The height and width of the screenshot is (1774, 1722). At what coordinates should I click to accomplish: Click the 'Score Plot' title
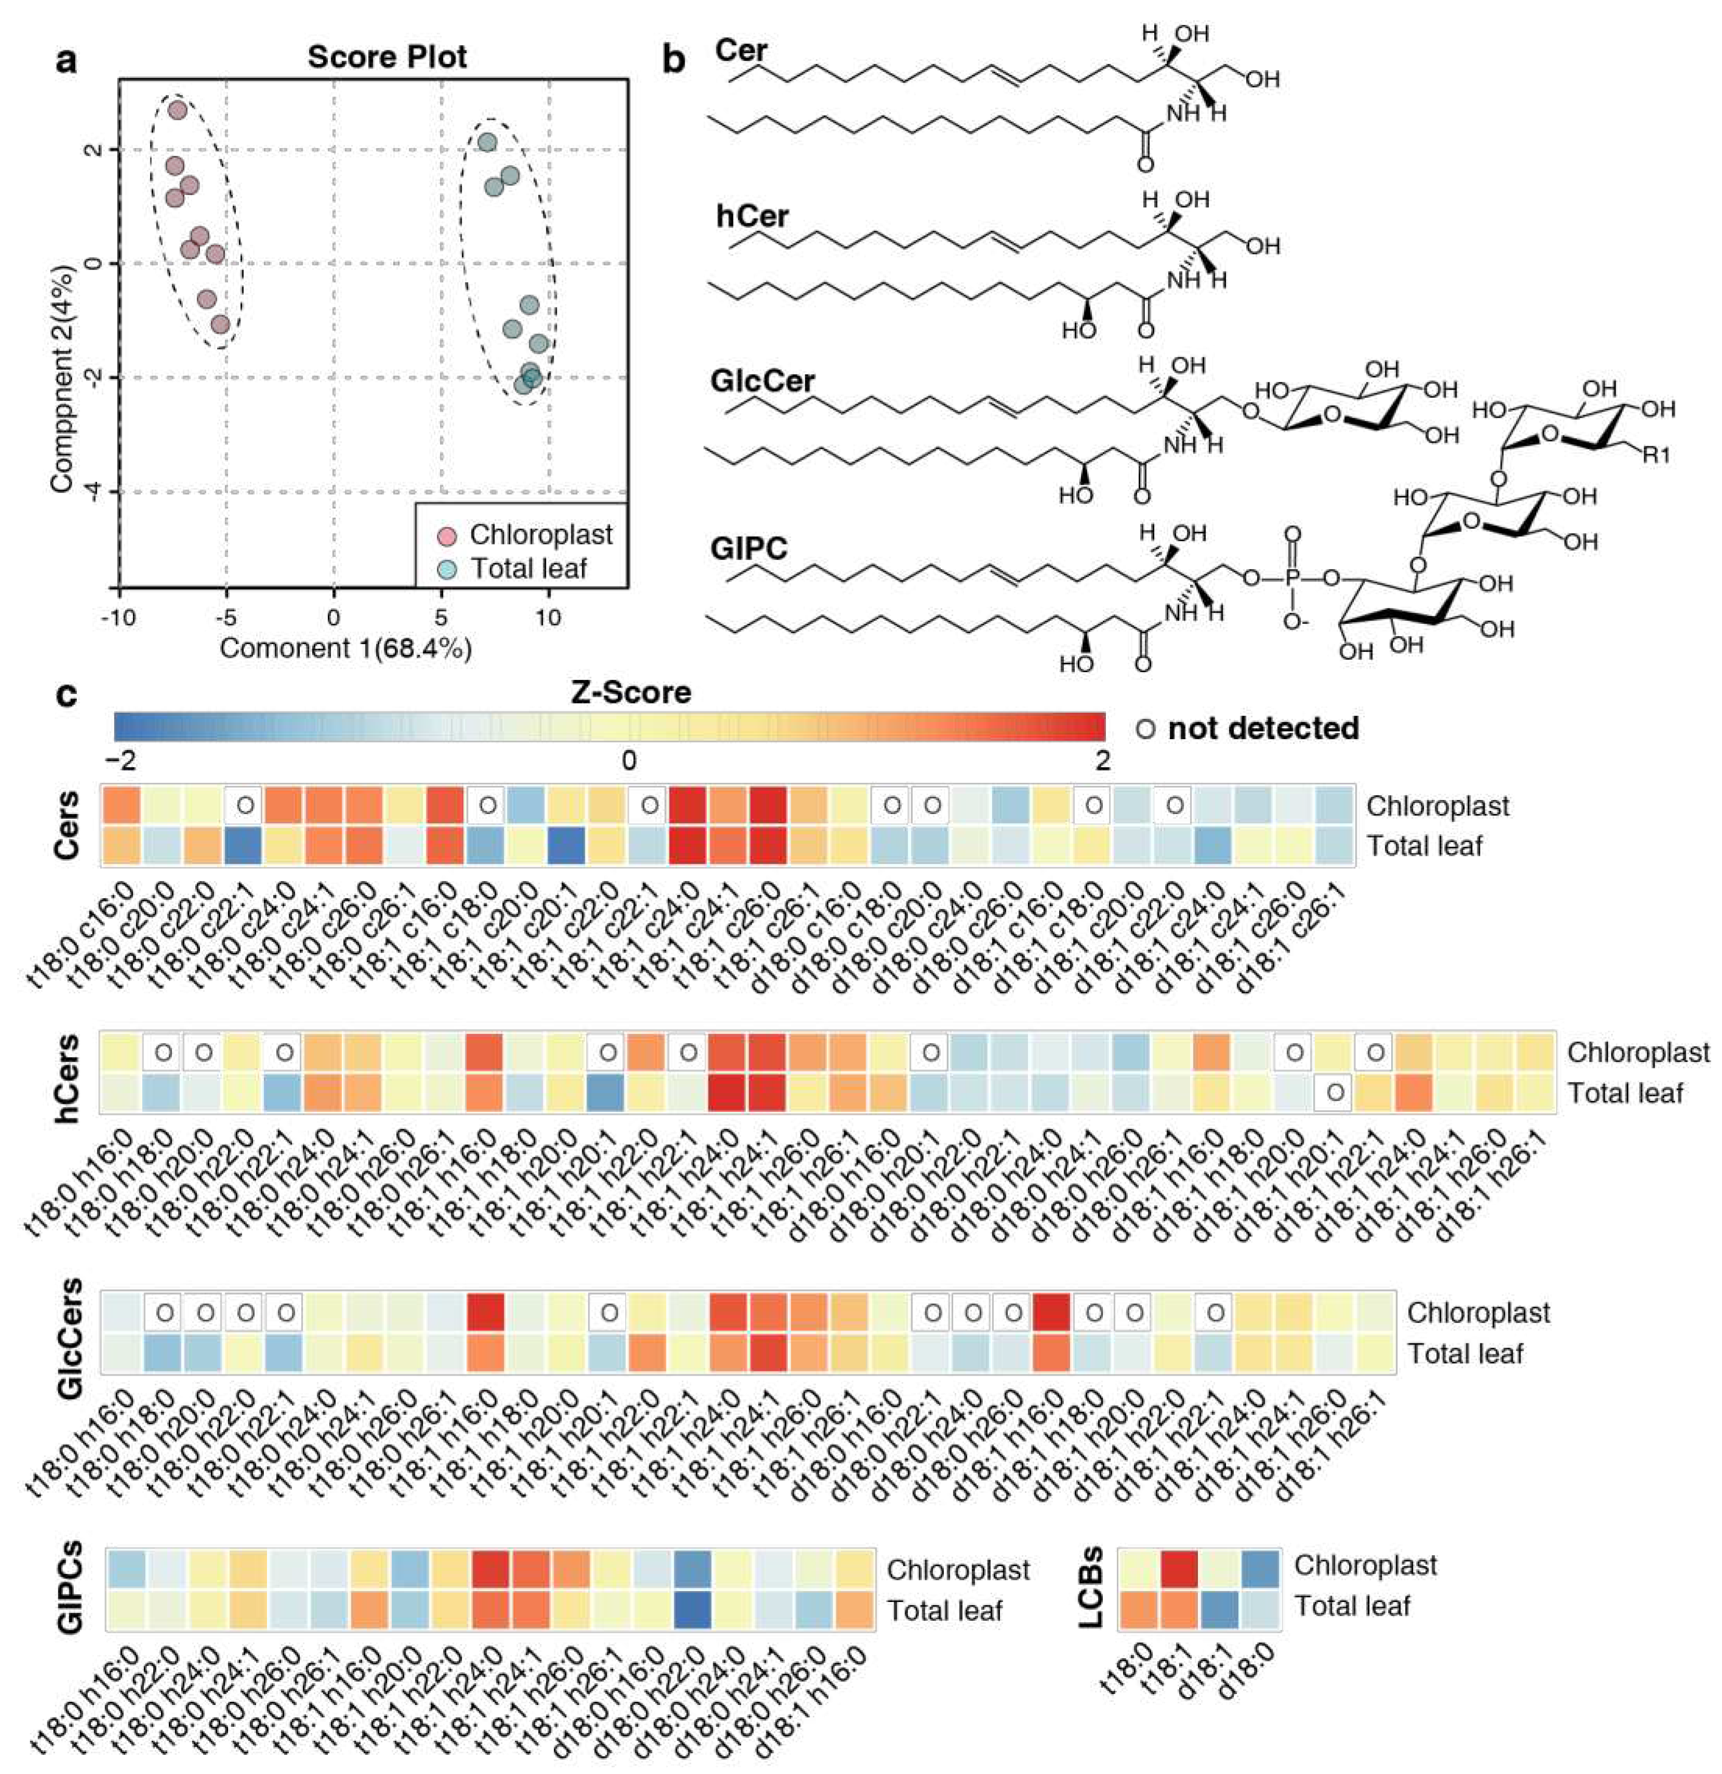point(388,57)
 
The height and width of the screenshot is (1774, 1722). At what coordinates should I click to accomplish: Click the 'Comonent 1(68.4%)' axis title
point(345,648)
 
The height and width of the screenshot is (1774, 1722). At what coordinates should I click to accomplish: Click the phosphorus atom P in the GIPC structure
point(1291,577)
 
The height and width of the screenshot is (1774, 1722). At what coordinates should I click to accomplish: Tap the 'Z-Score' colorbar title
point(631,692)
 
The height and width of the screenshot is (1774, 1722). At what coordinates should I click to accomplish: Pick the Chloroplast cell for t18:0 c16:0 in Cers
point(121,805)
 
